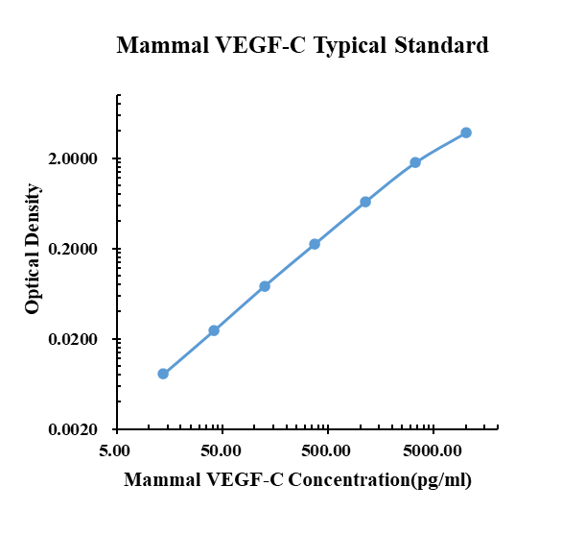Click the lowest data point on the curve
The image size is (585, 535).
[x=163, y=374]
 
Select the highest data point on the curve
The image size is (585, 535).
[x=466, y=133]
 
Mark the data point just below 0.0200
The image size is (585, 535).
[x=214, y=330]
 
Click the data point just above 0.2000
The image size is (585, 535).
[x=315, y=244]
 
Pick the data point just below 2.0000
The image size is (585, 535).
[x=415, y=162]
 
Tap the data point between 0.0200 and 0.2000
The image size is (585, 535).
[x=265, y=286]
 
